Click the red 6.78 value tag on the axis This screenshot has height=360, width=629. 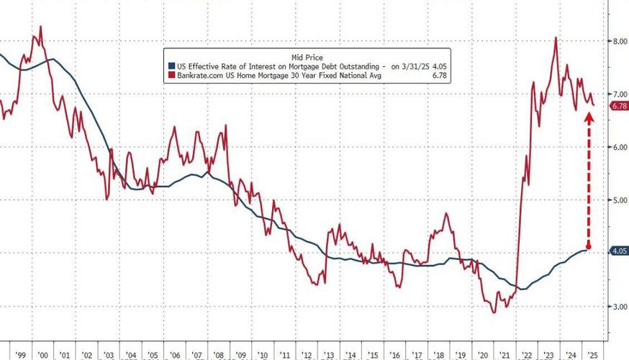[619, 106]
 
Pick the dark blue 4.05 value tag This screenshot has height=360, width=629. [619, 251]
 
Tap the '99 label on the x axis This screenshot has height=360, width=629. [20, 355]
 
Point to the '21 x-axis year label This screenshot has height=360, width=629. [505, 355]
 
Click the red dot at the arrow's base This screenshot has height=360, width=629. [589, 247]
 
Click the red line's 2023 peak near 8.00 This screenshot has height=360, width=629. [556, 38]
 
